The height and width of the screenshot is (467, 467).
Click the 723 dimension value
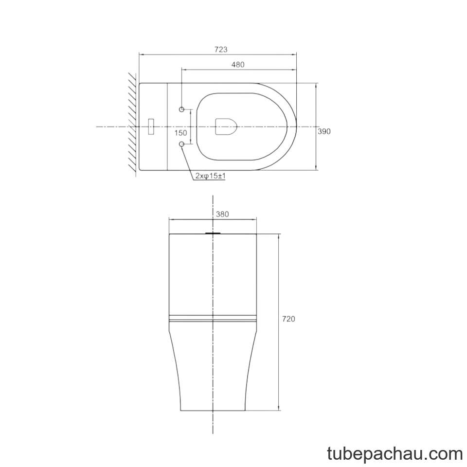pyautogui.click(x=221, y=50)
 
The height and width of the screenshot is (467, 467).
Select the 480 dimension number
pyautogui.click(x=238, y=64)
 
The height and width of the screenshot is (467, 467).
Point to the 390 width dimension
pyautogui.click(x=324, y=131)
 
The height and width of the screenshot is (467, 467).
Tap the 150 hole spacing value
pyautogui.click(x=181, y=133)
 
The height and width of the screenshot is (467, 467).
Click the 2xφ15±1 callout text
pyautogui.click(x=210, y=176)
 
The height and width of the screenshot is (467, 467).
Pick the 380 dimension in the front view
pyautogui.click(x=222, y=214)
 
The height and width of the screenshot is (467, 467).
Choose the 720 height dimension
pyautogui.click(x=288, y=319)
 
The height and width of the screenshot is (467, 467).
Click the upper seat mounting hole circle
pyautogui.click(x=181, y=109)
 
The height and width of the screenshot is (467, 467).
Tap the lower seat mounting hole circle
pyautogui.click(x=181, y=144)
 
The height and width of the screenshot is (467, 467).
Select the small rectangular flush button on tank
pyautogui.click(x=151, y=126)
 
